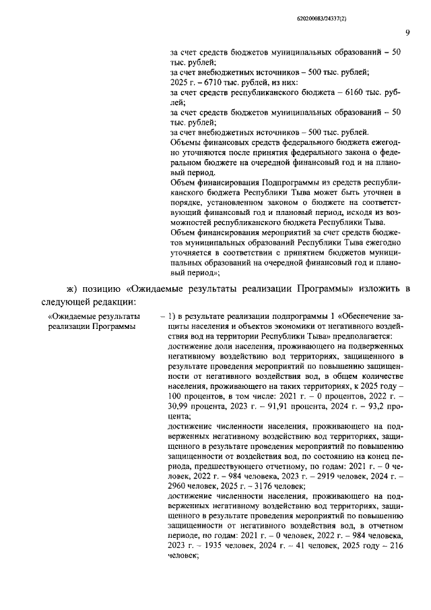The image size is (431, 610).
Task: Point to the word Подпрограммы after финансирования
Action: (275, 182)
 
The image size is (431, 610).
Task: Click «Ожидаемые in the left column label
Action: (71, 316)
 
